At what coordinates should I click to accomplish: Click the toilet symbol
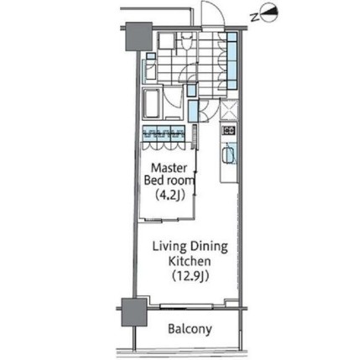(x=186, y=41)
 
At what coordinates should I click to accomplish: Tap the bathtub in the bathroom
(x=152, y=104)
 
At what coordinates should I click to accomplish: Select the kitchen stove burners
(x=229, y=130)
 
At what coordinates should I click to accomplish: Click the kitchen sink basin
(x=229, y=154)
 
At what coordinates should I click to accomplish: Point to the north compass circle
(x=269, y=13)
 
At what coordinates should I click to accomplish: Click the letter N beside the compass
(x=254, y=18)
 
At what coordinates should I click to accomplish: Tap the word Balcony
(x=190, y=329)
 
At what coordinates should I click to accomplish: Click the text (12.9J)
(x=190, y=276)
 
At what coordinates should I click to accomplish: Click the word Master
(x=169, y=168)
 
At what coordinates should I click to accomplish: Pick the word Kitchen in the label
(x=190, y=261)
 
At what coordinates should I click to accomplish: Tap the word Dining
(x=209, y=248)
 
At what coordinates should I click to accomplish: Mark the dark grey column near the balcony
(x=134, y=312)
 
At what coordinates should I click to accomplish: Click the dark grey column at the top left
(x=138, y=36)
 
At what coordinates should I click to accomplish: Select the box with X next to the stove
(x=229, y=110)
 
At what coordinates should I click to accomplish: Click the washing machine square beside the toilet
(x=166, y=42)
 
